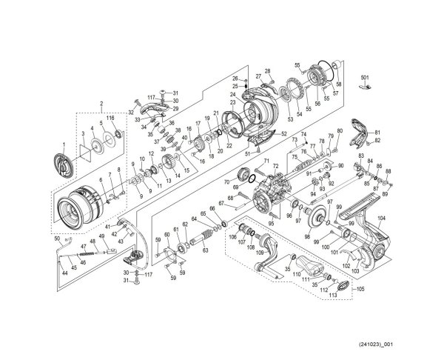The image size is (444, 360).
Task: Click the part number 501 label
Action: click(x=364, y=78)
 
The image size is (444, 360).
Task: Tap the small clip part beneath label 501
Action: click(x=363, y=87)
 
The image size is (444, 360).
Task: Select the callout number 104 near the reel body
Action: click(x=382, y=219)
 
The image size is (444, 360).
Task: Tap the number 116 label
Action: click(x=110, y=119)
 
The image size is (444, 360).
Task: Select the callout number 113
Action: click(x=333, y=294)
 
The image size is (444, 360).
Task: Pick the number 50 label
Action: click(x=57, y=238)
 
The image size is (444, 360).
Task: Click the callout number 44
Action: click(x=64, y=273)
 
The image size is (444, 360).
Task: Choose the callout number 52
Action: click(x=284, y=133)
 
